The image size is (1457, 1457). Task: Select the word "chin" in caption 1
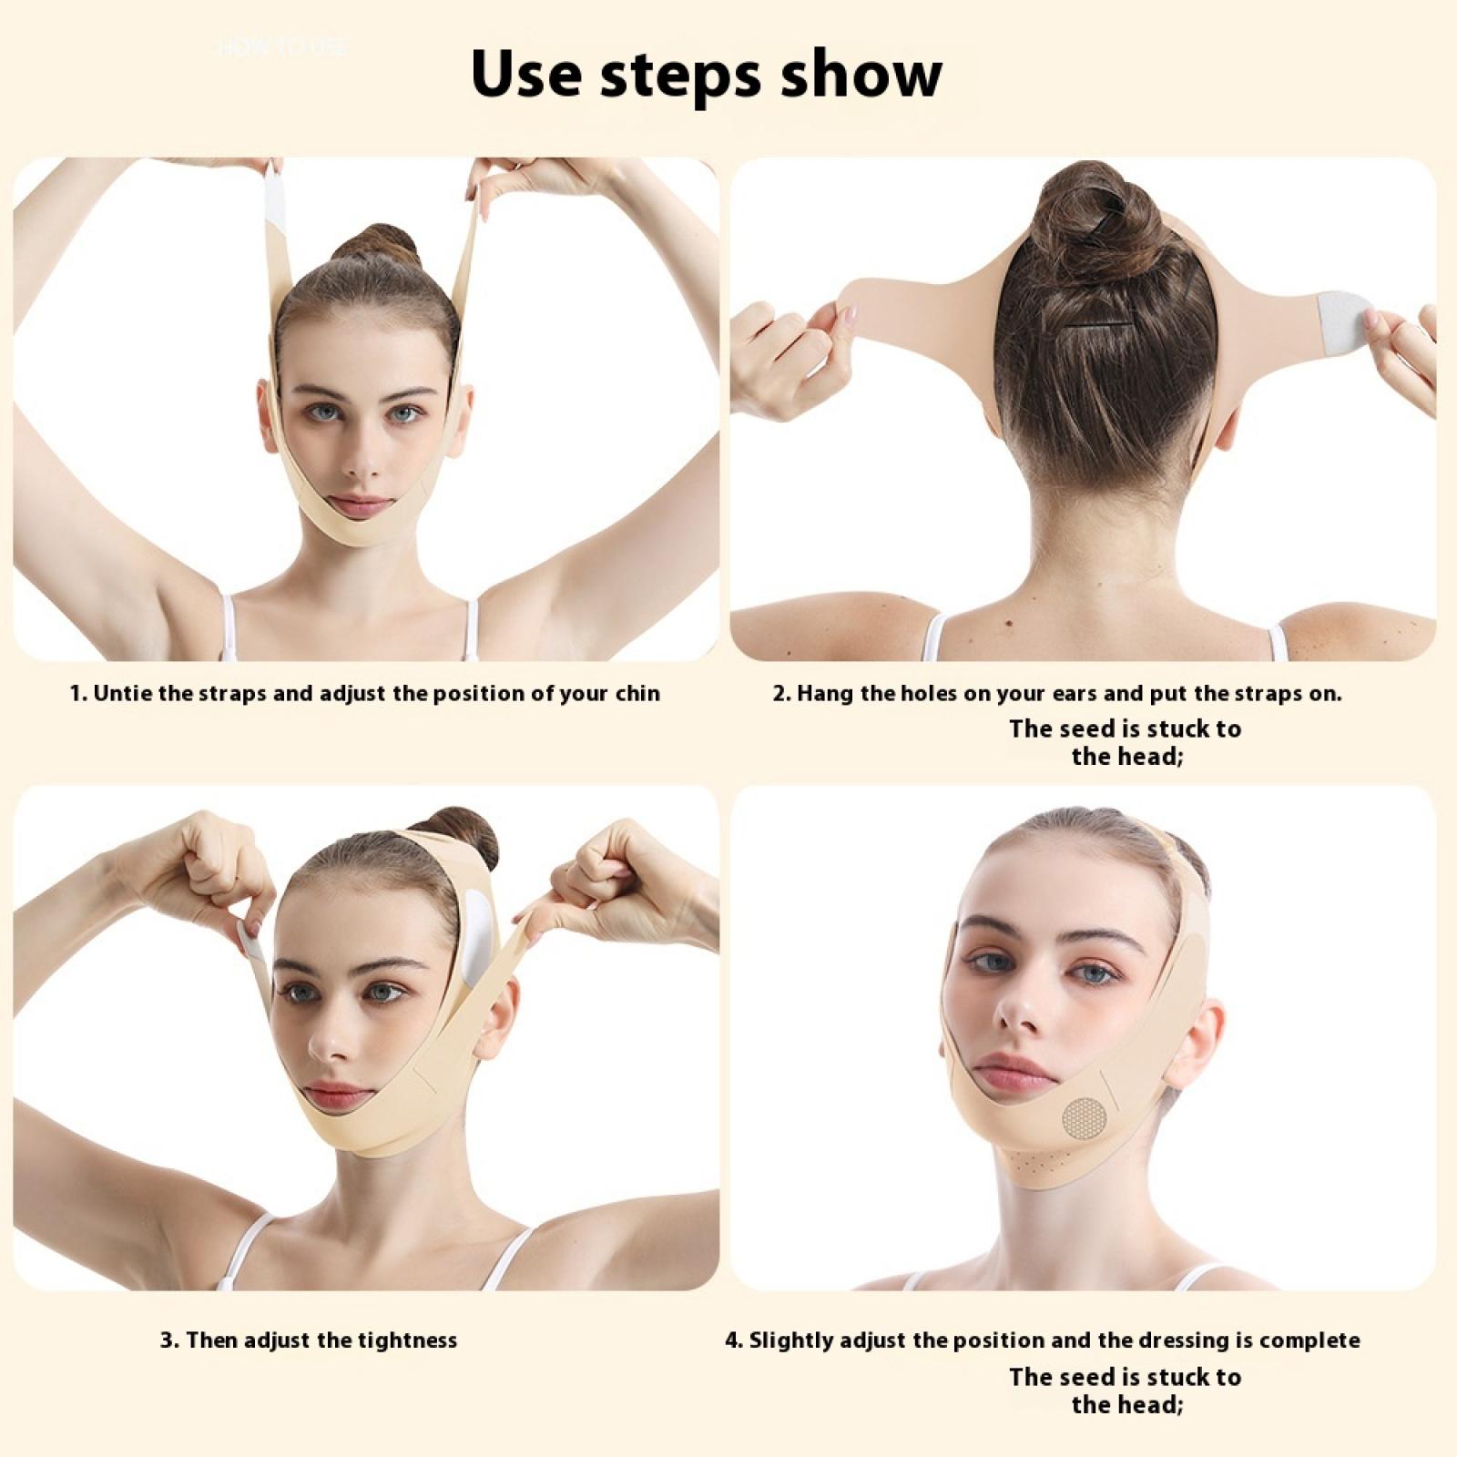(636, 693)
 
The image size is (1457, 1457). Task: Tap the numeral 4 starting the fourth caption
(731, 1340)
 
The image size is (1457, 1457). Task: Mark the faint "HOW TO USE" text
(282, 46)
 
